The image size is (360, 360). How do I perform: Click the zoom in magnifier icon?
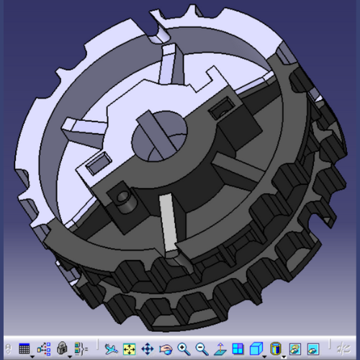184,348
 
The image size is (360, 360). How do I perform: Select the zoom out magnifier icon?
202,348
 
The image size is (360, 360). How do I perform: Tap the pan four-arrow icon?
147,348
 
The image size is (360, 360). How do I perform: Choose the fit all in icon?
129,348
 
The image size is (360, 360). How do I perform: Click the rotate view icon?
165,348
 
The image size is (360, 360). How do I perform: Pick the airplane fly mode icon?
110,348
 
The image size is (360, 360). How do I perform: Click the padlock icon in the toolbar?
62,348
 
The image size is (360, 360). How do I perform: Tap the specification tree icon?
43,348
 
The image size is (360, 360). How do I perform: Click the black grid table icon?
24,348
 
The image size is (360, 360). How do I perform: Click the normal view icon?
220,348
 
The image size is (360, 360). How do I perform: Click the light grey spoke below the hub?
168,223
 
